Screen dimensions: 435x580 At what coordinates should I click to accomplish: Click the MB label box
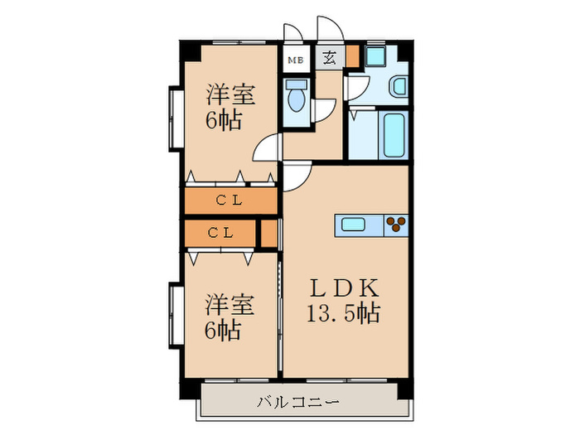coord(295,59)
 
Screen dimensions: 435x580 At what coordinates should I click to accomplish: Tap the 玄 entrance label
coord(329,58)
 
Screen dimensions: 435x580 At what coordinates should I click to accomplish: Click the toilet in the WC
coord(296,97)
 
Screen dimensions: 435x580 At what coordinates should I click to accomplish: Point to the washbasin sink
coord(399,86)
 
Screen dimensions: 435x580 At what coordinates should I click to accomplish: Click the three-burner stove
coord(396,224)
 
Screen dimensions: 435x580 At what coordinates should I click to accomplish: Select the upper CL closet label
coord(230,201)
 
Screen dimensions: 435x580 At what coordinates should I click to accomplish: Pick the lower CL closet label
coord(220,233)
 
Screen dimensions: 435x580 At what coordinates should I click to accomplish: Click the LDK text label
coord(346,289)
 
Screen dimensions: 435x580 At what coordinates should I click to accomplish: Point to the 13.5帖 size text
coord(346,314)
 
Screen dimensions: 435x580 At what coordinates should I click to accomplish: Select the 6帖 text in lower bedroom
coord(223,331)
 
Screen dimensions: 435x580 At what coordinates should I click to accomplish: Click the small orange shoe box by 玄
coord(353,58)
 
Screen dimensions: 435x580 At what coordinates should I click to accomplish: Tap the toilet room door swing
coord(323,110)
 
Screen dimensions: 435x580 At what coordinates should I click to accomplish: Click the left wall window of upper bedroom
coord(176,116)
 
